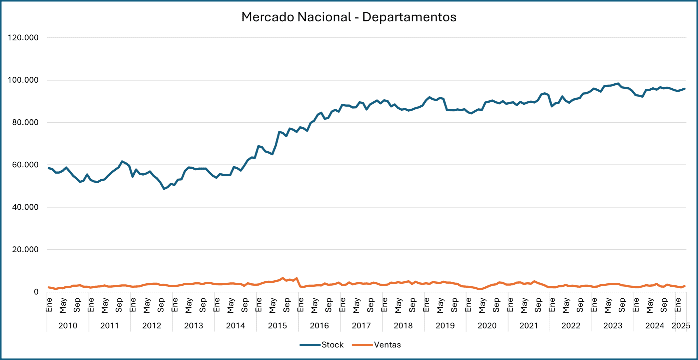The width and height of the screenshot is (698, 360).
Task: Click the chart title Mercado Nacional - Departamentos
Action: (x=349, y=17)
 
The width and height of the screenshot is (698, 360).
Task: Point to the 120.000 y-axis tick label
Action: (x=23, y=38)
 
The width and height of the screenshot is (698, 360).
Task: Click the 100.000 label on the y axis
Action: (x=23, y=80)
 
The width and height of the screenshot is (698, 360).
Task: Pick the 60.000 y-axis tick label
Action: (x=23, y=165)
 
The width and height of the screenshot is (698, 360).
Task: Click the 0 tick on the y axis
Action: (x=36, y=292)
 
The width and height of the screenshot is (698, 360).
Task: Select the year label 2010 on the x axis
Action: (x=68, y=326)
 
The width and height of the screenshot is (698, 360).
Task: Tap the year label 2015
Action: (x=277, y=326)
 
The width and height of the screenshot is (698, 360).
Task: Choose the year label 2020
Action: (x=487, y=326)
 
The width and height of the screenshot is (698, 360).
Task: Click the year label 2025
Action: (x=681, y=326)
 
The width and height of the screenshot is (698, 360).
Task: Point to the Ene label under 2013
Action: (x=175, y=305)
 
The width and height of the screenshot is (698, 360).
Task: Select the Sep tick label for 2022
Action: (x=580, y=305)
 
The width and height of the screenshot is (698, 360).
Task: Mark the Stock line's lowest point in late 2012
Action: (x=164, y=189)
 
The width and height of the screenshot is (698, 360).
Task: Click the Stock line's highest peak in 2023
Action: (x=618, y=84)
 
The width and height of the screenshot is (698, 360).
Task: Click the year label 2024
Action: (x=654, y=326)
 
